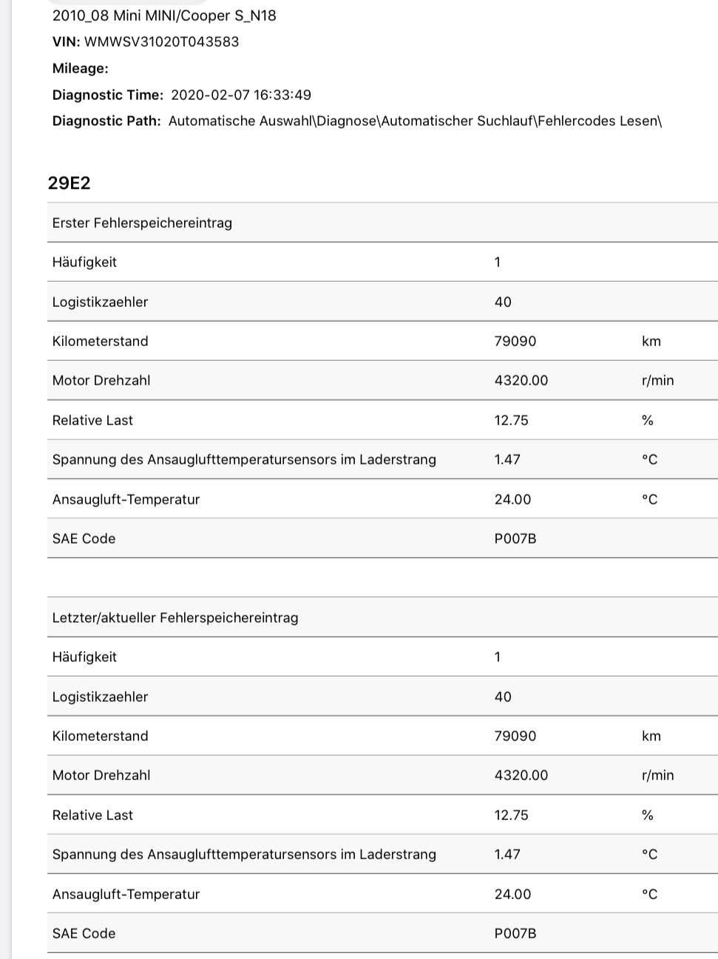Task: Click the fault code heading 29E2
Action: pos(69,183)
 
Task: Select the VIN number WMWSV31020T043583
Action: pos(161,41)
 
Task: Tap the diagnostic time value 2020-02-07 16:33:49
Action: pos(240,95)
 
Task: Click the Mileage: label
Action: pos(80,68)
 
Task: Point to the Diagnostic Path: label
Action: pos(106,121)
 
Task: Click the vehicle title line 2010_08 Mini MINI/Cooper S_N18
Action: pos(164,15)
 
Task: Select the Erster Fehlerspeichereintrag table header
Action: pos(142,223)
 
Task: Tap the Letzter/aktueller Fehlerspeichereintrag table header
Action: pos(175,617)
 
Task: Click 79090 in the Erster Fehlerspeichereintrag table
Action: pos(515,341)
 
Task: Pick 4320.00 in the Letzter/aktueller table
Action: pos(521,775)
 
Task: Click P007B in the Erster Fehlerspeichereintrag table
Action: pos(515,538)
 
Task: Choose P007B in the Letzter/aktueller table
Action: pos(515,933)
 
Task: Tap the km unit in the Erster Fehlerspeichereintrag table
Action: pos(651,341)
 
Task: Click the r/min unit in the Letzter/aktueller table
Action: pos(658,775)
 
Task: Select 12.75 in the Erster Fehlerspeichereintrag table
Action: pos(511,420)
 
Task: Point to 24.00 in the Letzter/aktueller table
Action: pos(512,894)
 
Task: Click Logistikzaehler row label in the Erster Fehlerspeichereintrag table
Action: pos(100,302)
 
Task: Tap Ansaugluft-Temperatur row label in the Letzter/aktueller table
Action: pos(126,894)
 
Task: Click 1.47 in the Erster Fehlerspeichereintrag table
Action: pos(507,459)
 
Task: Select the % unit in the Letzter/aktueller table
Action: pos(648,815)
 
